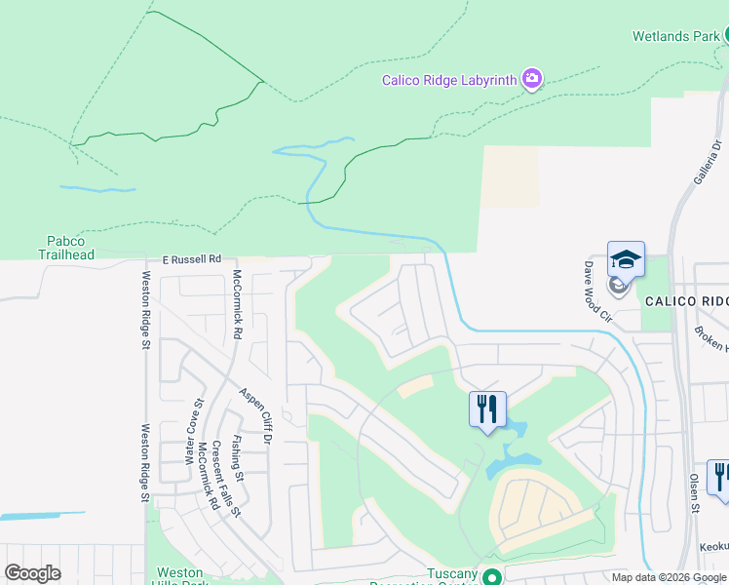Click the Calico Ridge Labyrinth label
[x=448, y=80]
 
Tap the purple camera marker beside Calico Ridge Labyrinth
[x=531, y=78]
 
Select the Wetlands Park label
[x=675, y=36]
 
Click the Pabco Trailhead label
[x=66, y=248]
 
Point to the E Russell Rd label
[x=192, y=259]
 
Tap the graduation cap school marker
[x=626, y=259]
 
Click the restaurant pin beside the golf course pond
[x=487, y=408]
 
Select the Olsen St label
[x=695, y=493]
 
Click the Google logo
[x=33, y=573]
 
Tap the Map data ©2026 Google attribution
[x=668, y=577]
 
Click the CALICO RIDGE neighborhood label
[x=685, y=301]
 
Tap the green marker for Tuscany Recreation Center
[x=492, y=576]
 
